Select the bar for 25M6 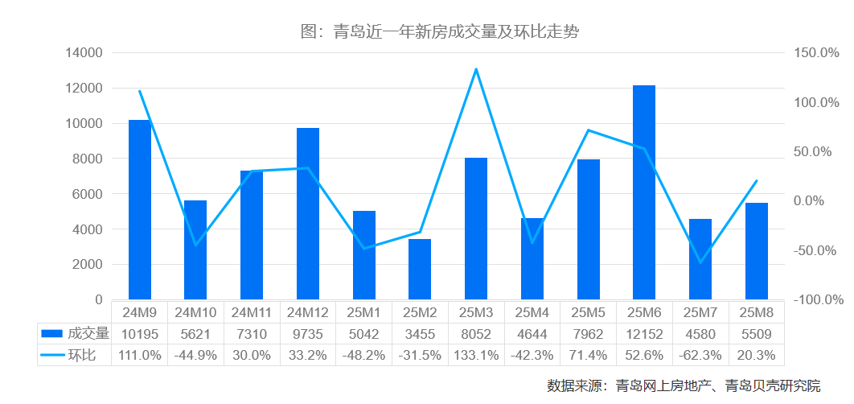pyautogui.click(x=644, y=193)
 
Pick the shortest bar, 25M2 pyautogui.click(x=420, y=270)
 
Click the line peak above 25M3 pyautogui.click(x=476, y=69)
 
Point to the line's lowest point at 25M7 pyautogui.click(x=700, y=262)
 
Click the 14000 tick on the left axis pyautogui.click(x=84, y=53)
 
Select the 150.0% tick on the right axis pyautogui.click(x=815, y=53)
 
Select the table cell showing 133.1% pyautogui.click(x=476, y=355)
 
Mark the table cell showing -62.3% pyautogui.click(x=700, y=355)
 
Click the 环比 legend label pyautogui.click(x=81, y=355)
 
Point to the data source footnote pyautogui.click(x=684, y=385)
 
